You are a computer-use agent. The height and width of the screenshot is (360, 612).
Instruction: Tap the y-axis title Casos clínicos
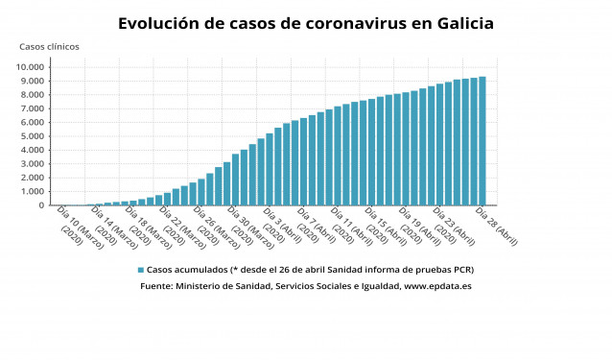[x=50, y=46]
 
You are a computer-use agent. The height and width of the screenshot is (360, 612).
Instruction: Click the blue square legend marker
[x=141, y=270]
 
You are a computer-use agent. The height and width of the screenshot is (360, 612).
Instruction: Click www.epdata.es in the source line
[x=437, y=286]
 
